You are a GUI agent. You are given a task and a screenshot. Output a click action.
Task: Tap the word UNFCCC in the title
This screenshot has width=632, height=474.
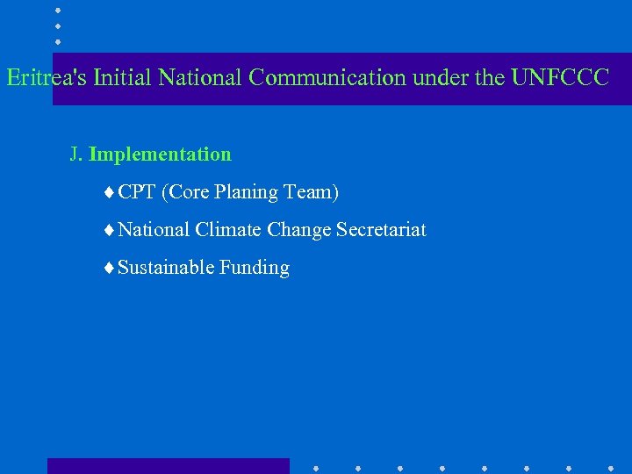tap(559, 78)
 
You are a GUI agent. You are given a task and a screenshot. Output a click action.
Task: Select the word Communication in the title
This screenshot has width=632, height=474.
tap(327, 78)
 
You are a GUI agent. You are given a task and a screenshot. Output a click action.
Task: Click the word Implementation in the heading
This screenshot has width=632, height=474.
tap(160, 154)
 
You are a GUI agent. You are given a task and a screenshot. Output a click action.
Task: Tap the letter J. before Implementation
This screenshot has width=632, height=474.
tap(76, 154)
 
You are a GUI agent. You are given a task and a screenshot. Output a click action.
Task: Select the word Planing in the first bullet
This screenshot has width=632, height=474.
tap(246, 192)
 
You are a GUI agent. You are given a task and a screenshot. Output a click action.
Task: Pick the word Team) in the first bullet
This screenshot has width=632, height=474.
tap(312, 192)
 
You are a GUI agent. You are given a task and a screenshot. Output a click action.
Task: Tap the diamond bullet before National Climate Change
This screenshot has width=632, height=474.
tap(108, 231)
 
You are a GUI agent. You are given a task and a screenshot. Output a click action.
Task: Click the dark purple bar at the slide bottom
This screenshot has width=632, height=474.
tap(168, 465)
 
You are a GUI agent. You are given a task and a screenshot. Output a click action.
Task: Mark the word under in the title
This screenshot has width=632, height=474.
tap(441, 78)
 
